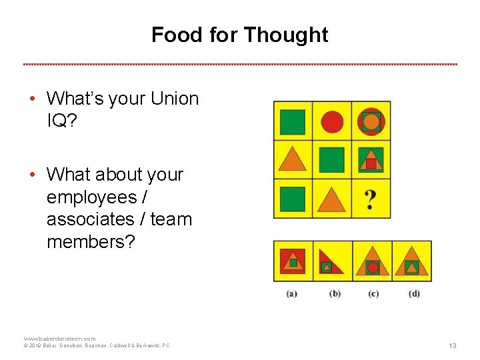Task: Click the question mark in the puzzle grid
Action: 371,199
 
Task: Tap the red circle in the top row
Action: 332,122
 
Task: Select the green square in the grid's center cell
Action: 331,160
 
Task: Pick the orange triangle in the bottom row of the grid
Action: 331,199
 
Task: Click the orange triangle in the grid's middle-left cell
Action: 291,159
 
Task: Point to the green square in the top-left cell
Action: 292,122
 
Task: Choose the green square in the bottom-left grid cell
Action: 292,199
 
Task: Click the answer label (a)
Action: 291,293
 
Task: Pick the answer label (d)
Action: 413,293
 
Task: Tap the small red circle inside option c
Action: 373,267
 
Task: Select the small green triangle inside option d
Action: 412,268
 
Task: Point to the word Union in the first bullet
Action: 175,99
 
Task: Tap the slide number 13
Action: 453,345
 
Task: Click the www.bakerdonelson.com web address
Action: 60,339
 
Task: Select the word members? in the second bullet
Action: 91,241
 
